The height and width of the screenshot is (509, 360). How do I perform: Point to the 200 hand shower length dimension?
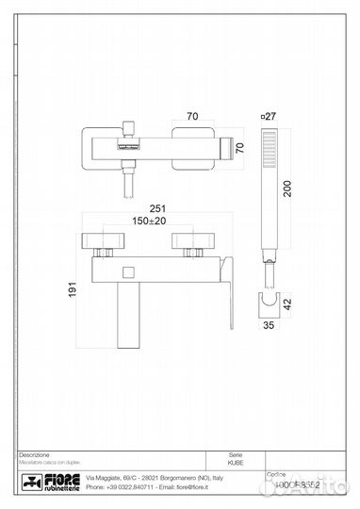point(286,189)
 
